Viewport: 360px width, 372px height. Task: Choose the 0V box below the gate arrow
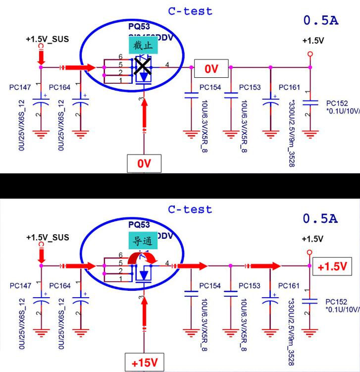(x=143, y=163)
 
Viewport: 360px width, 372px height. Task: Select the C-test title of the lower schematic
(x=190, y=209)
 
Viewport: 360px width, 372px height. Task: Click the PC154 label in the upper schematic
(x=210, y=87)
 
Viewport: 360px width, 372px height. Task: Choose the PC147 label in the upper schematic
(x=20, y=87)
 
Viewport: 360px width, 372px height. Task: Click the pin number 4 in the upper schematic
(x=167, y=64)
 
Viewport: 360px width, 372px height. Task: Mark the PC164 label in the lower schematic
(x=60, y=286)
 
